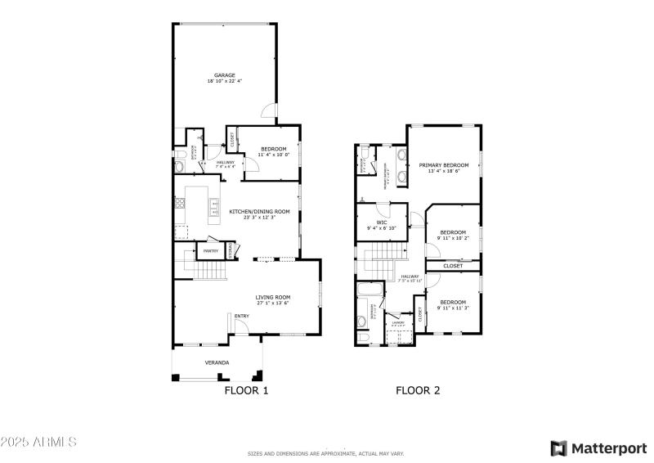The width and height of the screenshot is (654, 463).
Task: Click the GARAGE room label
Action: (x=225, y=75)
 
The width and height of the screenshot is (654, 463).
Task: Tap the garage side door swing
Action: (x=267, y=113)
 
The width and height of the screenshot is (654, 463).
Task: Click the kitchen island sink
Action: (x=214, y=206)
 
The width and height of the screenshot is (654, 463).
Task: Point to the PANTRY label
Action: (x=210, y=251)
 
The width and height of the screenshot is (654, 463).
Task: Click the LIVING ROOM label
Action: (x=273, y=297)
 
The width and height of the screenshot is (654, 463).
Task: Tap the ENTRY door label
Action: (x=242, y=317)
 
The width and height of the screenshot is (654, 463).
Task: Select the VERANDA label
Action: (x=217, y=362)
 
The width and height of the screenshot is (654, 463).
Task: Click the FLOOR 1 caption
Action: (x=246, y=391)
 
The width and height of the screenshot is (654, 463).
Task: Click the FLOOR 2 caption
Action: (x=418, y=391)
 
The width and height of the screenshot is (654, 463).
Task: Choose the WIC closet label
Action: (x=382, y=222)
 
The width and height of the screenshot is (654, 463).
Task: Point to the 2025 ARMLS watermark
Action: (x=38, y=442)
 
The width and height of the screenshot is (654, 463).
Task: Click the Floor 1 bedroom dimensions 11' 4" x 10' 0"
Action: (x=273, y=155)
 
